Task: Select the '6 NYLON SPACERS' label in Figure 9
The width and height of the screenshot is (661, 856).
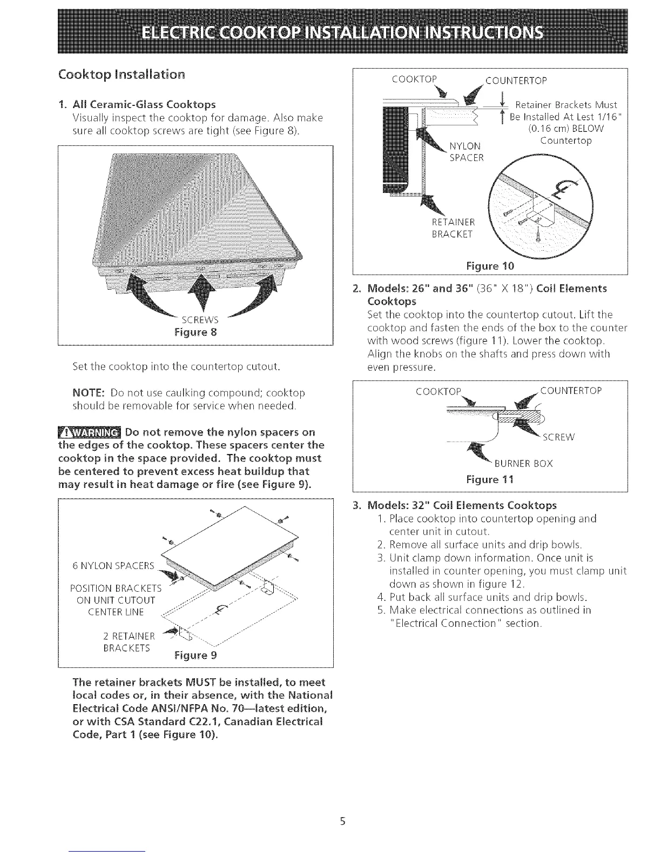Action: pyautogui.click(x=113, y=566)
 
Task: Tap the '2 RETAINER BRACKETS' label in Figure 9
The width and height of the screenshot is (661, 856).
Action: pyautogui.click(x=128, y=641)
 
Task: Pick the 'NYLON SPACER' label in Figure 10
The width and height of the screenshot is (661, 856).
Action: pyautogui.click(x=467, y=151)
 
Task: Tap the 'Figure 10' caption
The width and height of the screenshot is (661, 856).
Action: pyautogui.click(x=490, y=266)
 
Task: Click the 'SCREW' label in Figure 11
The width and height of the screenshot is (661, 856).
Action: pyautogui.click(x=559, y=437)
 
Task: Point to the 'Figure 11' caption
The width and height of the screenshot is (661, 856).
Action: pyautogui.click(x=490, y=479)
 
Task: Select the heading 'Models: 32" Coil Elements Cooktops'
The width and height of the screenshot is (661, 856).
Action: pyautogui.click(x=462, y=506)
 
